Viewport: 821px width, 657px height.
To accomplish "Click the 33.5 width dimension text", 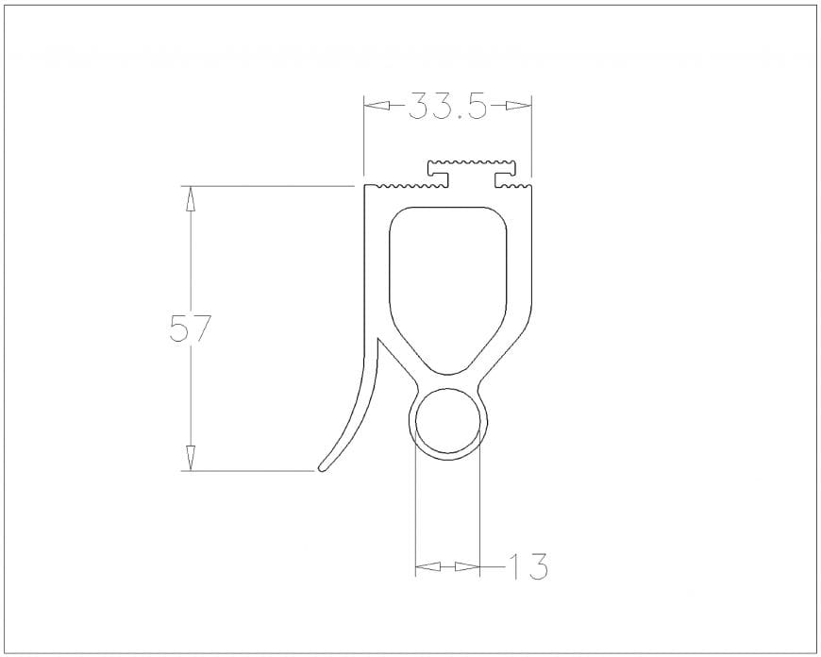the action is (x=447, y=106).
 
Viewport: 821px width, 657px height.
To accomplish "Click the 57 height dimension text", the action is (x=190, y=328).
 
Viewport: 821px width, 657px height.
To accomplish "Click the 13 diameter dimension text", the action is (x=528, y=566).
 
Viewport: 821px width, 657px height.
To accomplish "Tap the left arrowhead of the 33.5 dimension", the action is (x=377, y=106).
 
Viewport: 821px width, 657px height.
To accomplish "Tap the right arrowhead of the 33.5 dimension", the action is (x=518, y=106).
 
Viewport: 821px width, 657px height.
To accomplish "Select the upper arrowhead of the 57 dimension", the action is (x=191, y=199).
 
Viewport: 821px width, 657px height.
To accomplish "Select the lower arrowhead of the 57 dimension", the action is (x=191, y=458).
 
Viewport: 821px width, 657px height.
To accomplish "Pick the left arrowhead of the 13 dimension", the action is (x=427, y=566).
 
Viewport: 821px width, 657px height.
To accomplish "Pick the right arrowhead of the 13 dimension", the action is (x=467, y=566).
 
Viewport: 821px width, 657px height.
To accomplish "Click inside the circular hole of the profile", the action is (x=447, y=421).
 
